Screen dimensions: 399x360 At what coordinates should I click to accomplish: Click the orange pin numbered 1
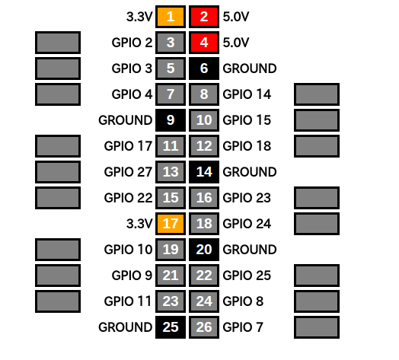pyautogui.click(x=171, y=17)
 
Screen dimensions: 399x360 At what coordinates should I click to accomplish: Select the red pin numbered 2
pyautogui.click(x=204, y=17)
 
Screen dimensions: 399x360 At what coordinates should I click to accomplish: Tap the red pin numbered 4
pyautogui.click(x=204, y=43)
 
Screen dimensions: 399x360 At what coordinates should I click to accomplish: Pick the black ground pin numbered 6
pyautogui.click(x=204, y=68)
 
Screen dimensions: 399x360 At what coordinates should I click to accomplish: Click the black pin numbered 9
pyautogui.click(x=171, y=120)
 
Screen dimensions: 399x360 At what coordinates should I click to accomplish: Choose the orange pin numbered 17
pyautogui.click(x=171, y=224)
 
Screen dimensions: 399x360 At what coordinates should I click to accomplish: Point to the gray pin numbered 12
pyautogui.click(x=204, y=146)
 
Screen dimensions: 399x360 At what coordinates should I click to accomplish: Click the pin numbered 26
pyautogui.click(x=204, y=327)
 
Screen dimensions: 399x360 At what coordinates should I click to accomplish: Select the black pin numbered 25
pyautogui.click(x=171, y=327)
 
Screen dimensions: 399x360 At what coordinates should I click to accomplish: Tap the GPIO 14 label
pyautogui.click(x=247, y=94)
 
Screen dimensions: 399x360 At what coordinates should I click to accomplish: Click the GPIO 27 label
pyautogui.click(x=128, y=172)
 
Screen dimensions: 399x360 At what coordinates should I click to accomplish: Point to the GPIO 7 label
pyautogui.click(x=243, y=327)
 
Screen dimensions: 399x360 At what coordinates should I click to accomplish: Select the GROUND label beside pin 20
pyautogui.click(x=250, y=250)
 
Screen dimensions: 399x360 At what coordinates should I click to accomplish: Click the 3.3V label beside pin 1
pyautogui.click(x=139, y=17)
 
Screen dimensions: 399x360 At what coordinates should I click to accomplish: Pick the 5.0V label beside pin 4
pyautogui.click(x=236, y=43)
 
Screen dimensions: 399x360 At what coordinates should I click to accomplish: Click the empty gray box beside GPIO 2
pyautogui.click(x=58, y=43)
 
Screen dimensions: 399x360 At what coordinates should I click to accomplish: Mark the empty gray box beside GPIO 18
pyautogui.click(x=317, y=146)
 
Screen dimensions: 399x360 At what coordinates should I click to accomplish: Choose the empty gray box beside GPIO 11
pyautogui.click(x=58, y=301)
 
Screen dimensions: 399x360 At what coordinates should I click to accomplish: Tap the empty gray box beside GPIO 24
pyautogui.click(x=317, y=224)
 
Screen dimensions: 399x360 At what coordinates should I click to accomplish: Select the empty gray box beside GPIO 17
pyautogui.click(x=58, y=146)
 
